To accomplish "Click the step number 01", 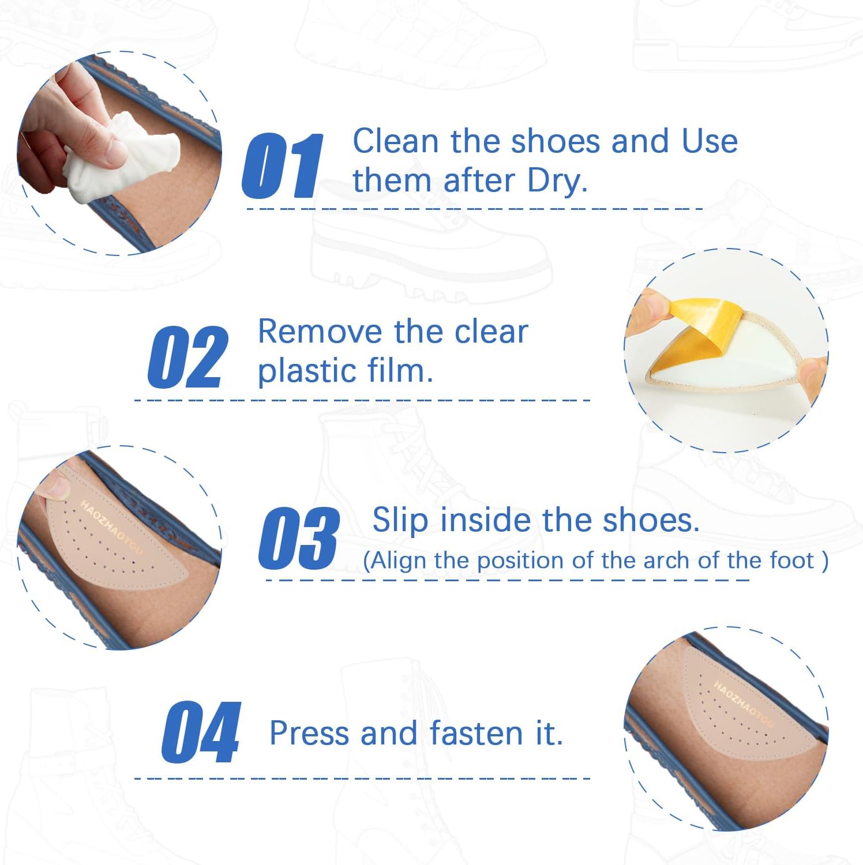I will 283,166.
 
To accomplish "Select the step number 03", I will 298,538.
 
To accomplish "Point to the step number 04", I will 201,732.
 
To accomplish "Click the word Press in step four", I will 309,734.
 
